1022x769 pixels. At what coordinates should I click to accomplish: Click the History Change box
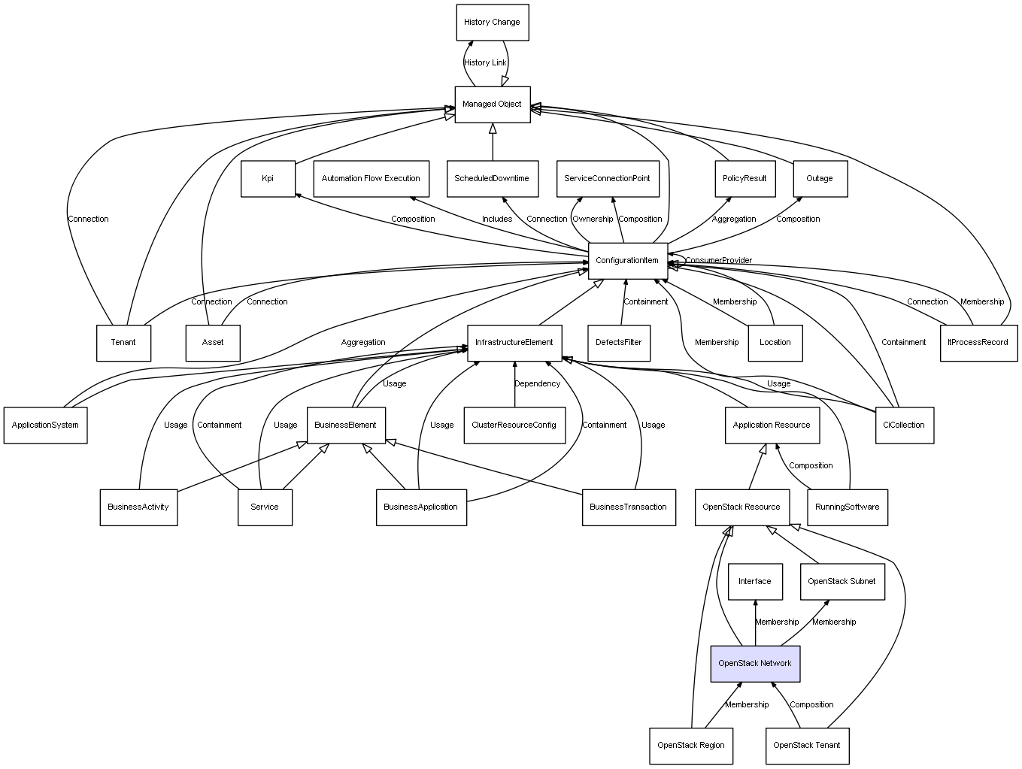click(x=492, y=23)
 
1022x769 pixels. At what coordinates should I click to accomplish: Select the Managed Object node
click(x=492, y=104)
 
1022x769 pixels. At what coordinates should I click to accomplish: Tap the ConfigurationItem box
click(x=627, y=261)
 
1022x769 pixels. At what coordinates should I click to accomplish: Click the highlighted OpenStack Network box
click(x=754, y=664)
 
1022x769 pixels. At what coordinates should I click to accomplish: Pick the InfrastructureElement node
click(x=514, y=343)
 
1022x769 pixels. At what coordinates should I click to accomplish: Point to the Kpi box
click(x=268, y=179)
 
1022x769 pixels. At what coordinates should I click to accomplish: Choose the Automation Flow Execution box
click(x=371, y=179)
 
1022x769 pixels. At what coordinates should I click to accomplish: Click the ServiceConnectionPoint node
click(x=607, y=179)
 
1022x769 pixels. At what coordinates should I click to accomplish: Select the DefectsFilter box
click(x=618, y=343)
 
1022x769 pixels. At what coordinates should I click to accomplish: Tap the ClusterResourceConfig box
click(x=514, y=425)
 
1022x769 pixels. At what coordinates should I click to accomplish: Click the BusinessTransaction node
click(x=628, y=507)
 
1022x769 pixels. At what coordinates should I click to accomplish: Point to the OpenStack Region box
click(x=690, y=746)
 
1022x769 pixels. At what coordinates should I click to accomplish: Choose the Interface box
click(x=754, y=582)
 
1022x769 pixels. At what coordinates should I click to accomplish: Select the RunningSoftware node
click(x=847, y=507)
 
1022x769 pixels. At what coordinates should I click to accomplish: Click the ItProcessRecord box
click(x=978, y=343)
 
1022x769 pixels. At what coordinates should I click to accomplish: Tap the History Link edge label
click(x=485, y=63)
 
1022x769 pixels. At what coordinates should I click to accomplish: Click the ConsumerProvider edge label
click(x=718, y=261)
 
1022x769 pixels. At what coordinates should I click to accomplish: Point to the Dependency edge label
click(x=537, y=384)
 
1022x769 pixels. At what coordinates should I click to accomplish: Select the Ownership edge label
click(x=593, y=219)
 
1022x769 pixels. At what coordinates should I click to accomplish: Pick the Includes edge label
click(x=497, y=219)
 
